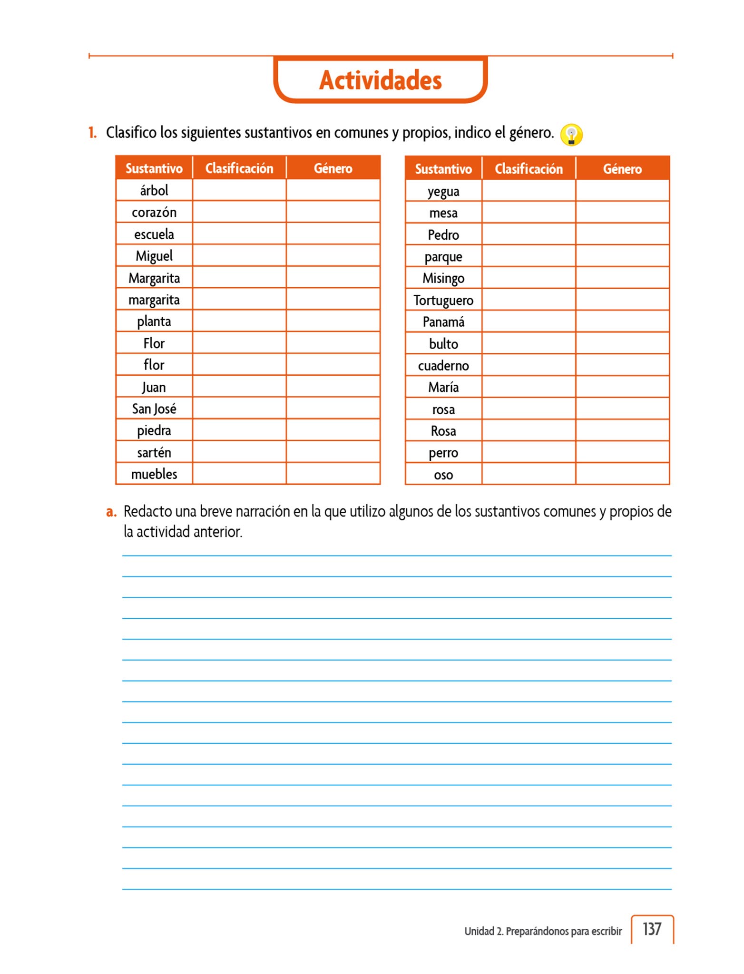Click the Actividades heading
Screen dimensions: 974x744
(380, 80)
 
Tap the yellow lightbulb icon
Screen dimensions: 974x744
(571, 135)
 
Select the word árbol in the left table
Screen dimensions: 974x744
(154, 191)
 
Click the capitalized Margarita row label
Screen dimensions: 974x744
(154, 278)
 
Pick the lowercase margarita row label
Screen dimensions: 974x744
(154, 300)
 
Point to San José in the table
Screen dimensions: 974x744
(154, 409)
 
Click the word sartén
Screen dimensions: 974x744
(154, 453)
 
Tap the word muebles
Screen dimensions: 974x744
(154, 474)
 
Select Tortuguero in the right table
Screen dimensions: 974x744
(443, 301)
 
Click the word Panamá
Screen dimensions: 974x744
(443, 322)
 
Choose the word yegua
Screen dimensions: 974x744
(443, 192)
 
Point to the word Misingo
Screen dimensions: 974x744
(443, 278)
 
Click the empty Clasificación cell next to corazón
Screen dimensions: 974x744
(239, 212)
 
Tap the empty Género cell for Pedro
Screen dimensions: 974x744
(622, 234)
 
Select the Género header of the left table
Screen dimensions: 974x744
(333, 168)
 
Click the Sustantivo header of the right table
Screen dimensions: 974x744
(443, 169)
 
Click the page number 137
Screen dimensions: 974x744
(652, 929)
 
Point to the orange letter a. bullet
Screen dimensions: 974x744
(111, 512)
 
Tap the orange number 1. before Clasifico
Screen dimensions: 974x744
(92, 133)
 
